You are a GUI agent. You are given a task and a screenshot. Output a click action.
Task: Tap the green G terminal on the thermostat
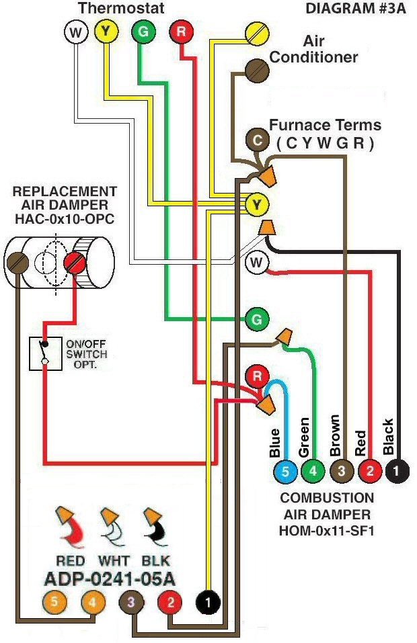142,31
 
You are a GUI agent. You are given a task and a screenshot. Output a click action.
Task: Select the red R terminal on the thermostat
181,31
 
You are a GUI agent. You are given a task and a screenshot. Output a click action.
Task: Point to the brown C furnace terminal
257,139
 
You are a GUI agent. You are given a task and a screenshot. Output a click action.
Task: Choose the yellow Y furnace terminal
256,203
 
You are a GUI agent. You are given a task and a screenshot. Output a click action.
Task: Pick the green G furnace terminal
255,319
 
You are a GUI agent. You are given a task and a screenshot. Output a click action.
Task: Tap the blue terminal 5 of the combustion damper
285,471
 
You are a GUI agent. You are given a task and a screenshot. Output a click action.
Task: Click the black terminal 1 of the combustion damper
397,471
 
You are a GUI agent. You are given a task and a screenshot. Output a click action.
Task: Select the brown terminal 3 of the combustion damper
341,471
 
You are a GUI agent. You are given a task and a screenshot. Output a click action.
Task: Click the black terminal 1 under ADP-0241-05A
208,603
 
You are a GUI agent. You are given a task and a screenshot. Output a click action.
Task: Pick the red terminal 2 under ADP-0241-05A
170,603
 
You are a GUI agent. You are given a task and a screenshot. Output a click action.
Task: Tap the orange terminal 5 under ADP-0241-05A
53,603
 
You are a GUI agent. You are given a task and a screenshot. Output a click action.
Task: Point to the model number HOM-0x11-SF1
327,530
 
